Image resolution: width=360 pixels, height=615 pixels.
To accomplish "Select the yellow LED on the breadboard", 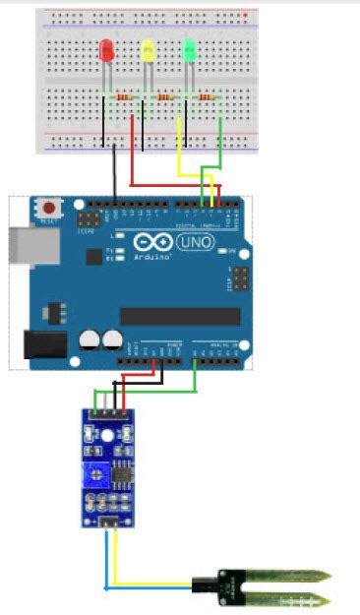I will click(x=149, y=48).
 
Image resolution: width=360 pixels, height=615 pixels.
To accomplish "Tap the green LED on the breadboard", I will click(x=190, y=48).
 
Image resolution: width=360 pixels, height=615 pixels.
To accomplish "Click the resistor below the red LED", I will click(x=123, y=97).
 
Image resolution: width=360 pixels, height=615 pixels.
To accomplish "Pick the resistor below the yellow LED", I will click(x=164, y=97).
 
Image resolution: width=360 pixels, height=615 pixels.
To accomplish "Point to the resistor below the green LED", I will click(x=206, y=97).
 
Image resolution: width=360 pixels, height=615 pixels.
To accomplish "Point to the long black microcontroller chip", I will click(x=180, y=316).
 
